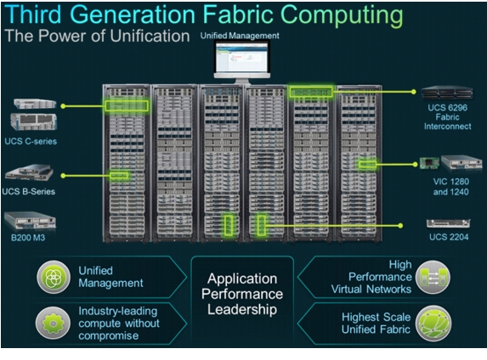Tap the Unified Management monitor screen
click(x=242, y=58)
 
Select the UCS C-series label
click(x=31, y=141)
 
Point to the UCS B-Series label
click(x=29, y=192)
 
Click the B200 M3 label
click(x=28, y=238)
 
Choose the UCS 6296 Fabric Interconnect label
click(x=448, y=117)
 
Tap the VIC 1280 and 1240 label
click(x=451, y=187)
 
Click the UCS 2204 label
click(x=449, y=237)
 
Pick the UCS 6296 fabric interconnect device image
click(x=447, y=93)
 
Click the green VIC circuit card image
click(x=429, y=163)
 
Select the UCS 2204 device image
click(x=448, y=223)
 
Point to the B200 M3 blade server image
click(x=30, y=221)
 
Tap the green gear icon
click(x=53, y=323)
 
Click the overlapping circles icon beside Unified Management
click(x=54, y=277)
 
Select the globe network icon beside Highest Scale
click(x=433, y=323)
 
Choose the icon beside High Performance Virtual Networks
click(x=433, y=277)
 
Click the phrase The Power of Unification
click(x=97, y=36)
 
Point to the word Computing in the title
click(x=342, y=16)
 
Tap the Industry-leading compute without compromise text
click(x=119, y=323)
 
